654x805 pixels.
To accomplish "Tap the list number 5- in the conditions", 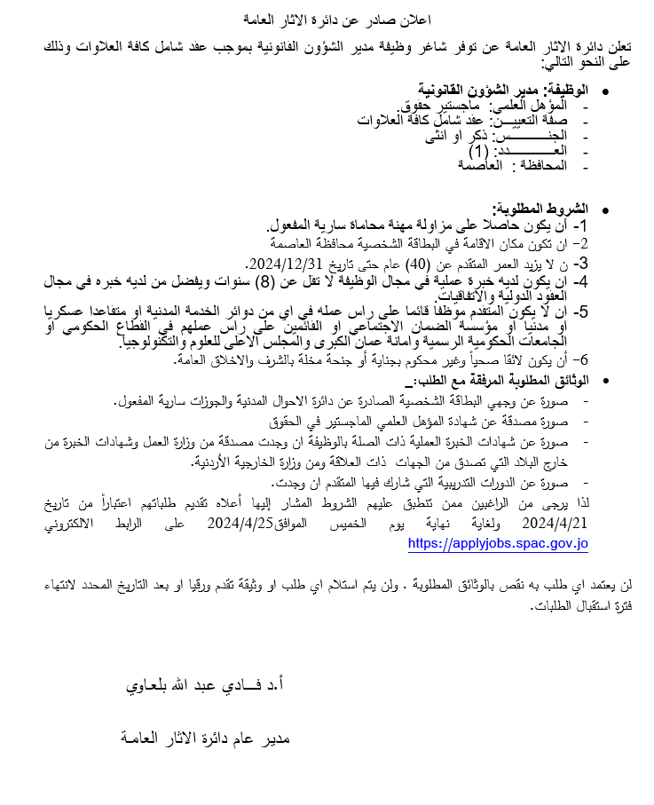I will pyautogui.click(x=579, y=312).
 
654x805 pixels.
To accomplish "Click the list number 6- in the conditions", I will pyautogui.click(x=579, y=359).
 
